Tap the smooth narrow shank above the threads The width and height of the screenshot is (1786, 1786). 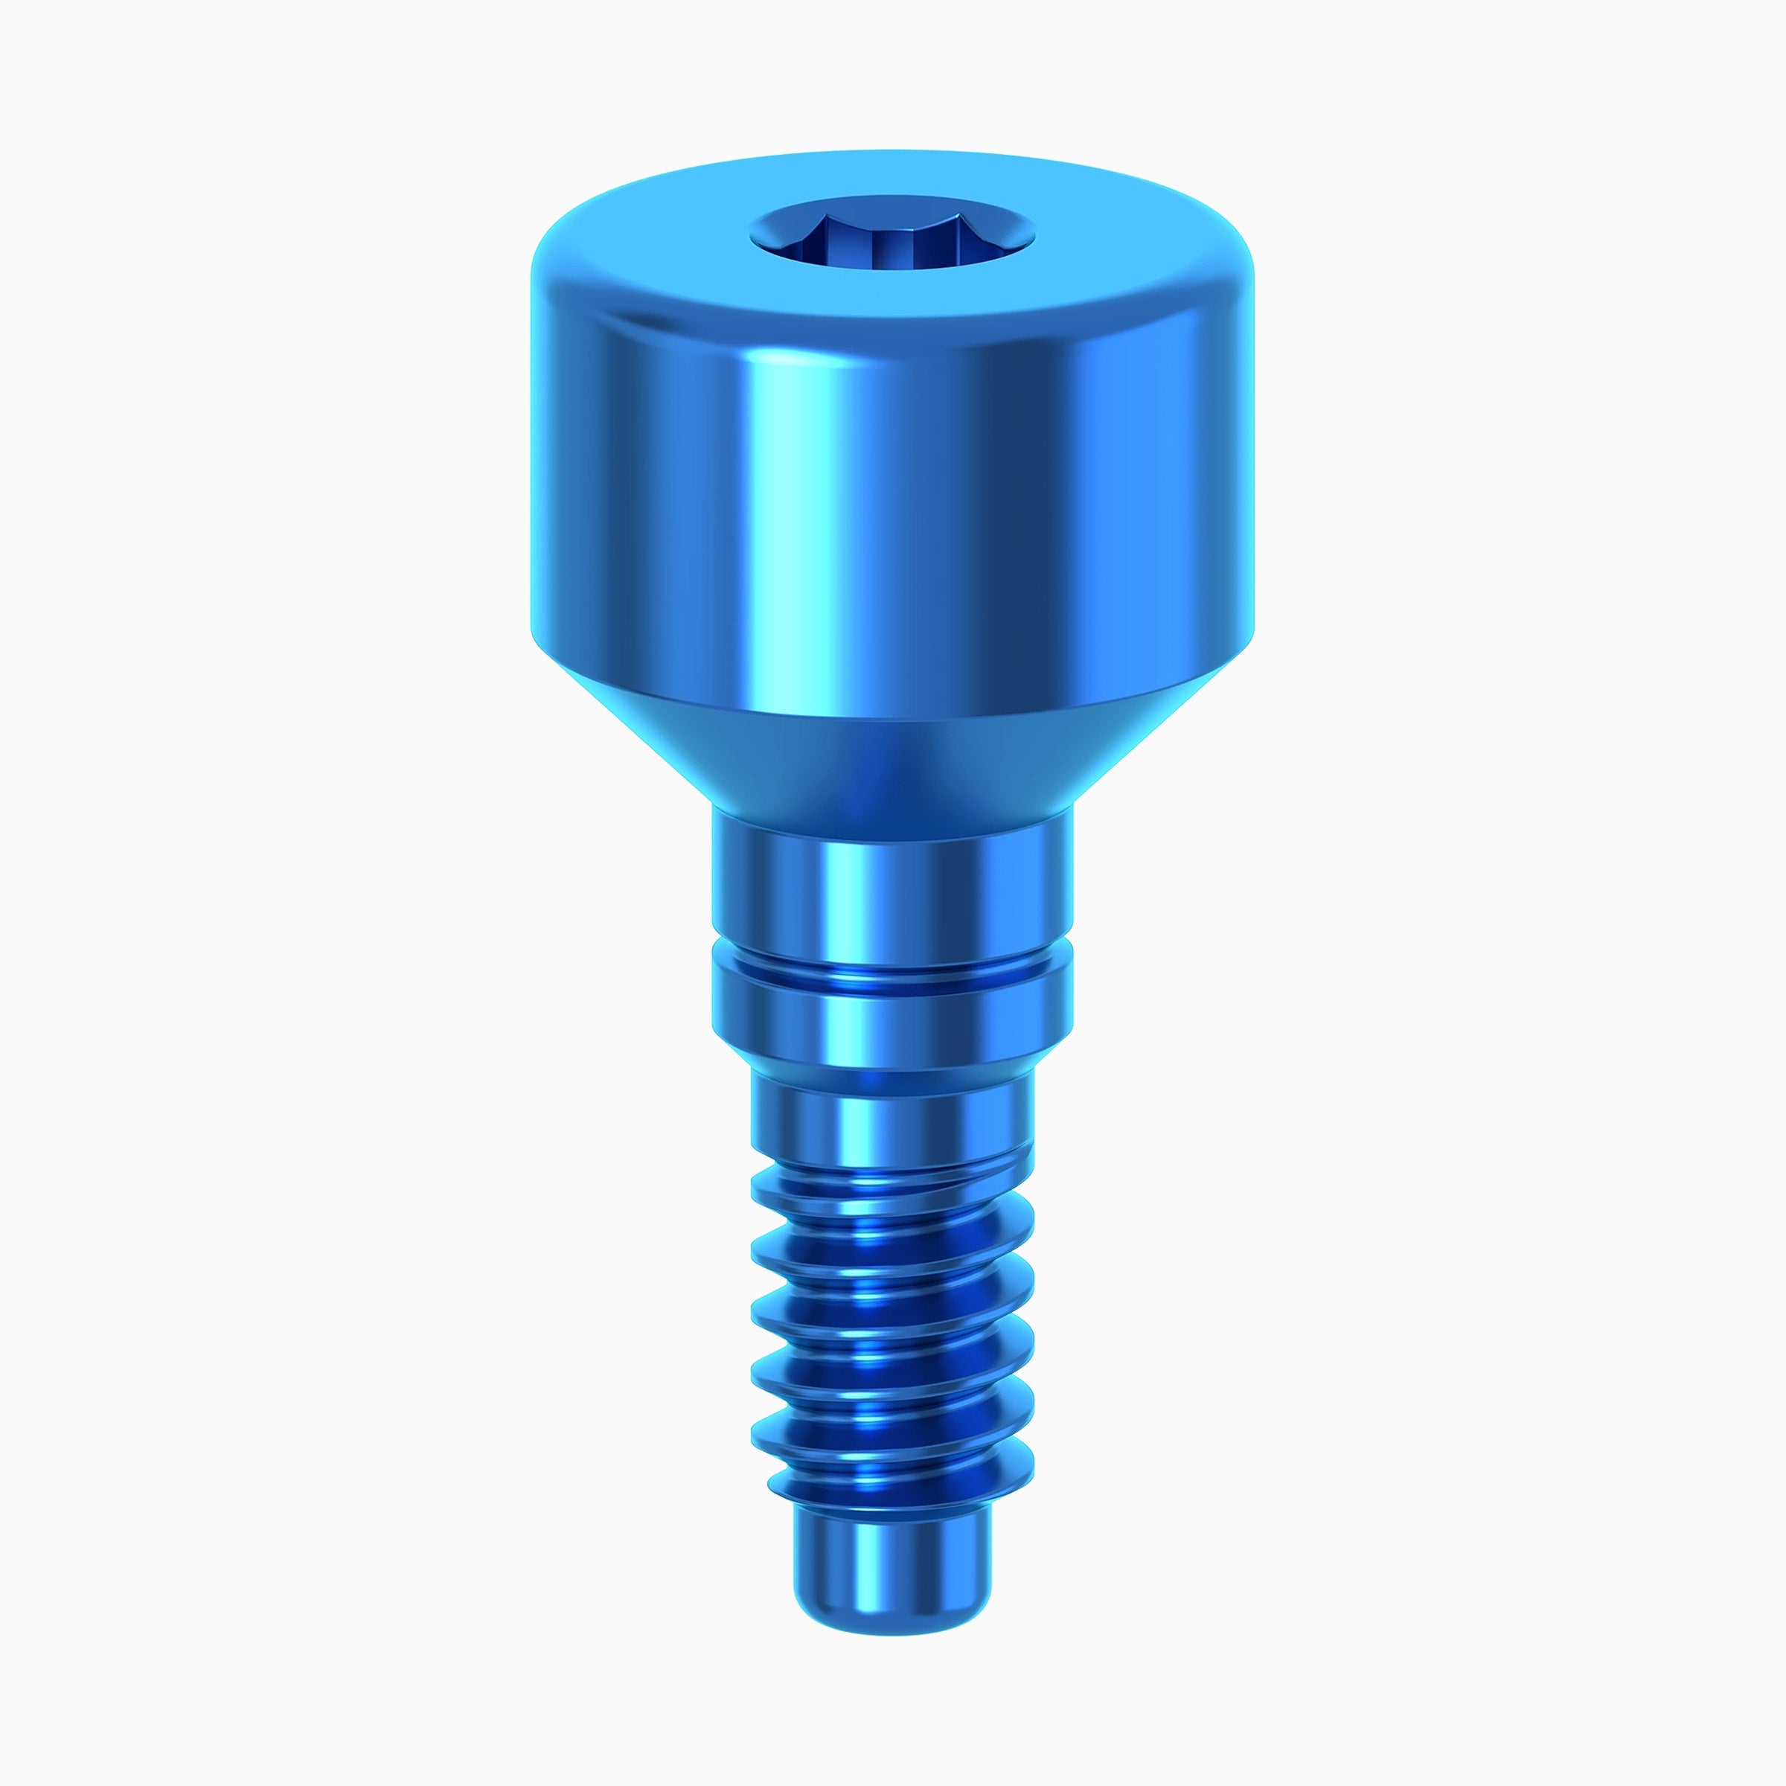892,1110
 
